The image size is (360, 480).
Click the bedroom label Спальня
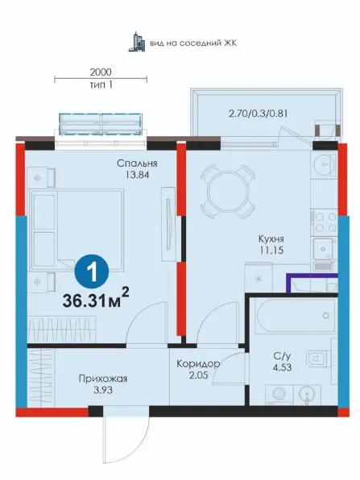pos(137,163)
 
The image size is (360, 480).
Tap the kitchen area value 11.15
pos(271,250)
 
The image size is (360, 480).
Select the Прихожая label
pos(103,379)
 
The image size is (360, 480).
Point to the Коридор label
pos(198,364)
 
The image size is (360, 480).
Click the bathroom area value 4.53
pos(282,367)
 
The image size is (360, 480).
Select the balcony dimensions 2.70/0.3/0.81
pos(258,114)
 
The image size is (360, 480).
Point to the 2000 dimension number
pos(101,72)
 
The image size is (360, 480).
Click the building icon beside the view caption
pos(137,42)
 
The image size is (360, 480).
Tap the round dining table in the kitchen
pos(228,192)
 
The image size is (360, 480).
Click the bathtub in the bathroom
pos(296,316)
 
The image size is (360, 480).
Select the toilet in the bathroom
pos(318,358)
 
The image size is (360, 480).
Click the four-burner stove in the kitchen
pos(325,222)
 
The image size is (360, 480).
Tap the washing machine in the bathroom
pos(279,395)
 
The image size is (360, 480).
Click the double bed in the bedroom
pos(77,230)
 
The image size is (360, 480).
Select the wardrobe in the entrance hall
pos(41,378)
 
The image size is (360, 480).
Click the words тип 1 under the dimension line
pos(101,85)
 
